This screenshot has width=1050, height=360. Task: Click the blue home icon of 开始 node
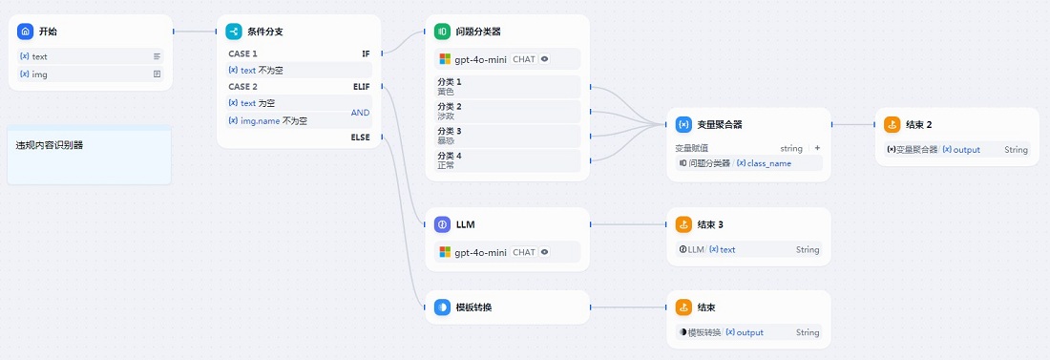(x=25, y=32)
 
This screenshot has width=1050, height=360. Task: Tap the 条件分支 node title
(x=264, y=32)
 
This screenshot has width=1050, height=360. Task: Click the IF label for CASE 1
(x=366, y=54)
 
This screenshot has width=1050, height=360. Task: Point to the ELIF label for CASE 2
(x=361, y=87)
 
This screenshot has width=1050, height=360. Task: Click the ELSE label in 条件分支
(x=361, y=138)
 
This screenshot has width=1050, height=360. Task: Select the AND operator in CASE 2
(x=360, y=113)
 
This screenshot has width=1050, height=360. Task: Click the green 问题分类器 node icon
(x=442, y=32)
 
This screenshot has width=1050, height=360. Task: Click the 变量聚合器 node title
(x=720, y=124)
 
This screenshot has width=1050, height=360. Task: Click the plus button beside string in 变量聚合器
(x=817, y=148)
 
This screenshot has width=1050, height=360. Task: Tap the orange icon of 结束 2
(x=892, y=124)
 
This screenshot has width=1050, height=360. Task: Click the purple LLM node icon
(x=442, y=224)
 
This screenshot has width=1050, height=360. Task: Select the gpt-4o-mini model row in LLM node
(x=507, y=252)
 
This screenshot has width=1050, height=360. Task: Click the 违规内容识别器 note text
(x=50, y=146)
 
